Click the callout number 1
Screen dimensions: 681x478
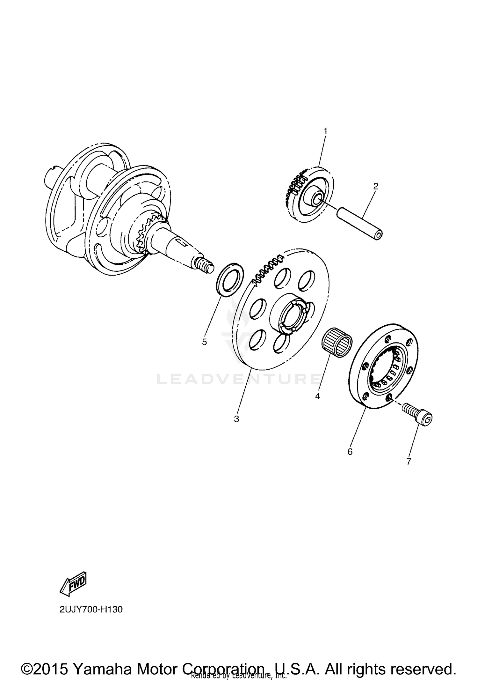pos(325,131)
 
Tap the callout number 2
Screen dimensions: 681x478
pos(376,186)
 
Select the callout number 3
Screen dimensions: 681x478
pos(236,419)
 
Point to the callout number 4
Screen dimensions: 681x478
pos(317,396)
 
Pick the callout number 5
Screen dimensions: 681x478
pos(204,342)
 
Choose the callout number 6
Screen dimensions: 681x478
pos(350,452)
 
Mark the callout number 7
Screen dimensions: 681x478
pos(409,461)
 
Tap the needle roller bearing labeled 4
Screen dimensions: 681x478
pos(336,342)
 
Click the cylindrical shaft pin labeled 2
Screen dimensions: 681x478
pos(360,223)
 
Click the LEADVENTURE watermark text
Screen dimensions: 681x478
pos(239,379)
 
